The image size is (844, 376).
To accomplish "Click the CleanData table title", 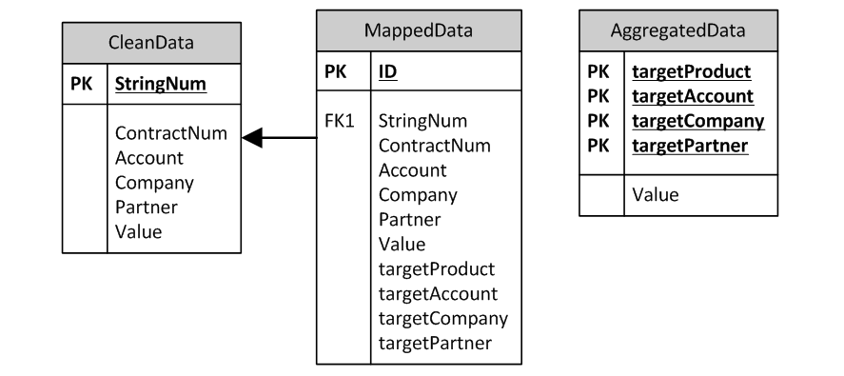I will click(x=152, y=42).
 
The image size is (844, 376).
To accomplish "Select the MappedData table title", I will click(x=419, y=30).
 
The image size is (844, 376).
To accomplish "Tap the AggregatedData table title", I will click(x=677, y=30).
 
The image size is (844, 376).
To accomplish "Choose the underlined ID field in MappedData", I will click(x=388, y=71).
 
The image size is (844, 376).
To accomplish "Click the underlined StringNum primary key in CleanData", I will click(x=161, y=84).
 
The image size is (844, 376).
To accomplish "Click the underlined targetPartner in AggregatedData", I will click(x=689, y=146).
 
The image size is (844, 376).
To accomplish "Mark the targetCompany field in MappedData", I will click(x=443, y=318).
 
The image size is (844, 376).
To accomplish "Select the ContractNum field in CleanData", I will click(x=171, y=133).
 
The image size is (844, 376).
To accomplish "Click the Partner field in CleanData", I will click(x=146, y=207).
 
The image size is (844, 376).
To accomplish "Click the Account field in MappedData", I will click(x=412, y=171).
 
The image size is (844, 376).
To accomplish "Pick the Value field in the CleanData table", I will click(x=138, y=231).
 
